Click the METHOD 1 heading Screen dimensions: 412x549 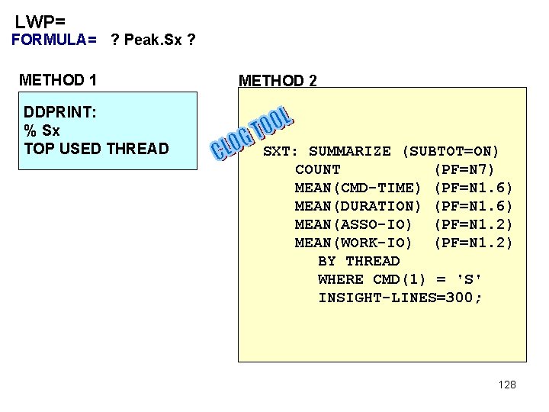click(x=58, y=79)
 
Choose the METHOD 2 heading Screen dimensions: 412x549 click(x=278, y=81)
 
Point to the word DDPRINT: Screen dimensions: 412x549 click(x=60, y=112)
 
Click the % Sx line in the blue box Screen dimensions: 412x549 click(x=43, y=130)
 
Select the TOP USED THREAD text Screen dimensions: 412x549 click(x=96, y=148)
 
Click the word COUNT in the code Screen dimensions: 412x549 click(x=318, y=169)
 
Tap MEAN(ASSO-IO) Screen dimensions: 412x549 click(x=354, y=224)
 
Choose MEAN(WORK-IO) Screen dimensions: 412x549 click(x=354, y=243)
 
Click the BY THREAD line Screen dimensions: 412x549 click(x=358, y=261)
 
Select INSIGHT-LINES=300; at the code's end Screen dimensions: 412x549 click(x=400, y=298)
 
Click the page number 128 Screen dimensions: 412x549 click(x=507, y=385)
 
